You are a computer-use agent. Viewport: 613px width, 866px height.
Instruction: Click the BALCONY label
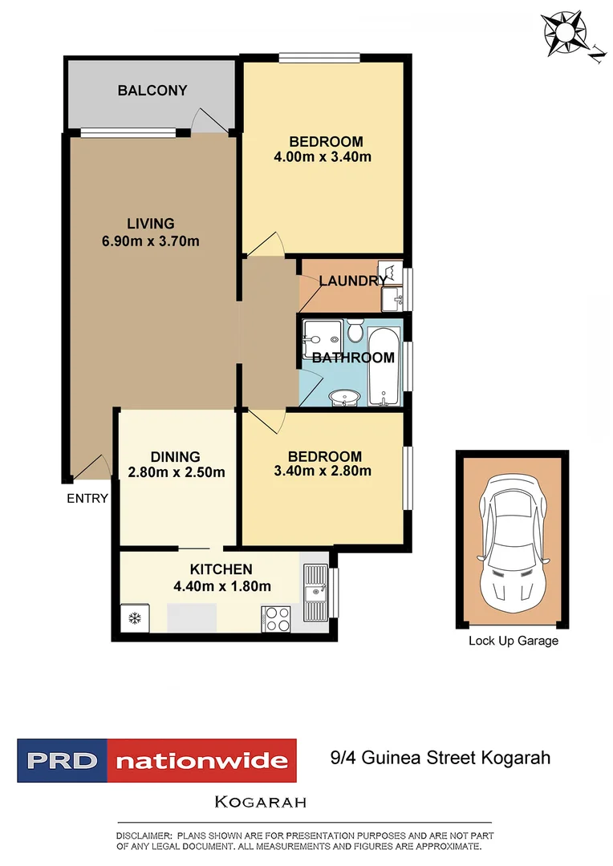coord(152,91)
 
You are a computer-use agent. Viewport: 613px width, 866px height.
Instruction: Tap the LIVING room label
coord(150,224)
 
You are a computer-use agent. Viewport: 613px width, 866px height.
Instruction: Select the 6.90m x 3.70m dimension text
coord(150,241)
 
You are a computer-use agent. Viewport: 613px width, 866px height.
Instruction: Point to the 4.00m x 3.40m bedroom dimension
coord(322,157)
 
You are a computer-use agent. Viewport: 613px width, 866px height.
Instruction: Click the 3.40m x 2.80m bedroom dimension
coord(322,471)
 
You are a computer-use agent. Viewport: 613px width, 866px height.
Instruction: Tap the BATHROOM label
coord(353,358)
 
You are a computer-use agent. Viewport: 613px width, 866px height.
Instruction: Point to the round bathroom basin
coord(345,396)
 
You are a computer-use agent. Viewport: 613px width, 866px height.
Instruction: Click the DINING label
coord(176,457)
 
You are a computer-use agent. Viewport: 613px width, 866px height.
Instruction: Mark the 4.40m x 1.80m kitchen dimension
coord(221,586)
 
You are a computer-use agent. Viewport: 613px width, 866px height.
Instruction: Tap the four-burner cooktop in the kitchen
coord(277,618)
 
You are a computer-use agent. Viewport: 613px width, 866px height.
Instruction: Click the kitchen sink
coord(315,593)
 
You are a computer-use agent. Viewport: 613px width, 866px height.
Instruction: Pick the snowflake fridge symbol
coord(134,618)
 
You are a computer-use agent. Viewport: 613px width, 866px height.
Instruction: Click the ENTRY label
coord(87,499)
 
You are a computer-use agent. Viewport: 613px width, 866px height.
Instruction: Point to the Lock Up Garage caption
coord(513,641)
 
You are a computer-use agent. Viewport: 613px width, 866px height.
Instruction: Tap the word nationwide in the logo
coord(201,761)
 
